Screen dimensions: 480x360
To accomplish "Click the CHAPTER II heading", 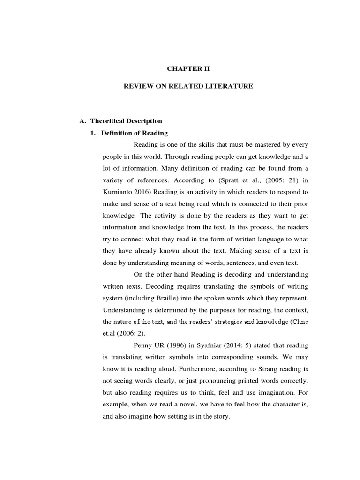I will (x=189, y=68).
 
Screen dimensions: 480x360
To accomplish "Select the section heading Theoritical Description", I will (x=126, y=121).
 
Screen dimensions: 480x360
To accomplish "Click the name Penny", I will (x=143, y=345).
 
